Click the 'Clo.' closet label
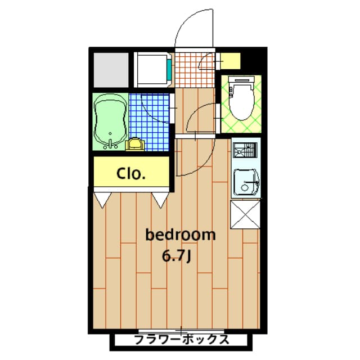coord(130,173)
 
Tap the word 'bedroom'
coord(180,235)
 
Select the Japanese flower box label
coord(181,340)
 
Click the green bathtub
coord(110,121)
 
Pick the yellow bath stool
coord(136,145)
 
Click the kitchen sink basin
coord(245,181)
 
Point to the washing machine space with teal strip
coord(153,69)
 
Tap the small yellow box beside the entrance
coord(230,60)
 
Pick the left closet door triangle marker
coord(103,199)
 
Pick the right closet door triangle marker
coord(160,199)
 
